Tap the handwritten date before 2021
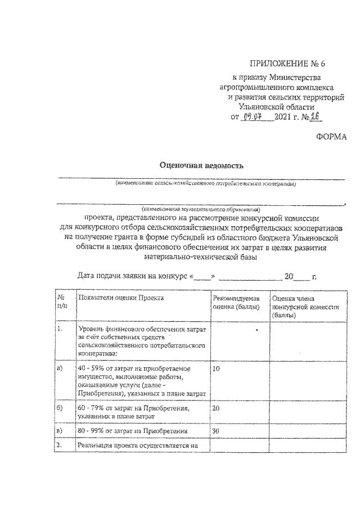pyautogui.click(x=256, y=117)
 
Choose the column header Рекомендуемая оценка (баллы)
pyautogui.click(x=236, y=302)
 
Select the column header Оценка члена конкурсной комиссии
pyautogui.click(x=304, y=307)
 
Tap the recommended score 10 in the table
pyautogui.click(x=217, y=369)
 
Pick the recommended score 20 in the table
pyautogui.click(x=217, y=408)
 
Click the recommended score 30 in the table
pyautogui.click(x=217, y=431)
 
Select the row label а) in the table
pyautogui.click(x=59, y=369)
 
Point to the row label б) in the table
pyautogui.click(x=59, y=408)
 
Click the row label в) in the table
pyautogui.click(x=59, y=431)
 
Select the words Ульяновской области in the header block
pyautogui.click(x=276, y=106)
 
